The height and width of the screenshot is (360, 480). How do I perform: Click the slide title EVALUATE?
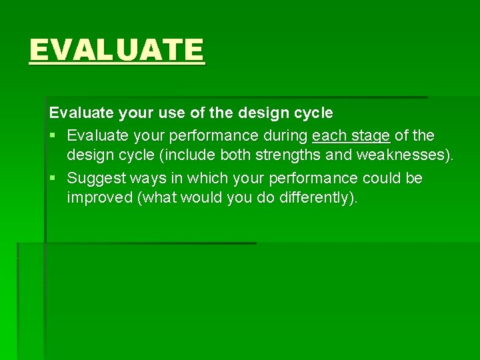(117, 50)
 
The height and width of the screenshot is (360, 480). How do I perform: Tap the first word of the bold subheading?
(81, 114)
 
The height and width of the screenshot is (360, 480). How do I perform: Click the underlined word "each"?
(329, 136)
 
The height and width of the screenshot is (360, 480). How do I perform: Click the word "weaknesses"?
(402, 157)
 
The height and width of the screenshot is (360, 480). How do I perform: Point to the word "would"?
(201, 199)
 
